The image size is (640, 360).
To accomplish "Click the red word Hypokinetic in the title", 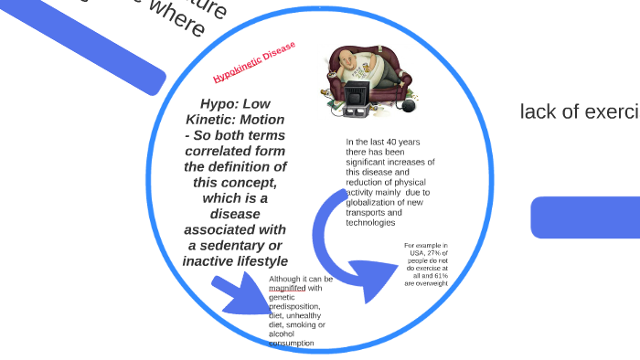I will point(236,69).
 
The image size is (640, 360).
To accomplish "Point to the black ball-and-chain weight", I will point(408,105).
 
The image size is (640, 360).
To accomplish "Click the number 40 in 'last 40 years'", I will point(391,142).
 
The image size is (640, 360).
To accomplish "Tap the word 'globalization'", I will point(376,202).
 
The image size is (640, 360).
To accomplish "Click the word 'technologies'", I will point(370,222).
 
